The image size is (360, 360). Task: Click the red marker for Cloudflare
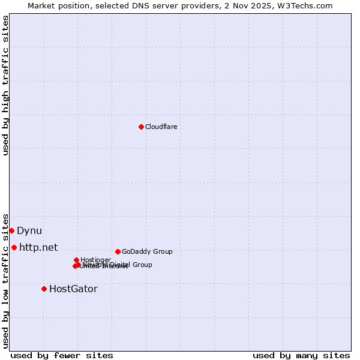(x=141, y=127)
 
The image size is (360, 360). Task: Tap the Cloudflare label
(x=161, y=127)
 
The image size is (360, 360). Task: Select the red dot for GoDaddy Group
(x=118, y=251)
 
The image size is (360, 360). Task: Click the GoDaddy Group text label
(x=147, y=251)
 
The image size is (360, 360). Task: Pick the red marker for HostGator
(x=44, y=289)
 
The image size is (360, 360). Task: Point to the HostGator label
(x=73, y=289)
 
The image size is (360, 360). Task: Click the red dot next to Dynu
(x=11, y=230)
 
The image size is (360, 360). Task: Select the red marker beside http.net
(x=14, y=247)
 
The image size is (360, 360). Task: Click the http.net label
(x=38, y=247)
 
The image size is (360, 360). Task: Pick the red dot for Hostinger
(x=76, y=260)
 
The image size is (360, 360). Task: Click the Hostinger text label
(x=95, y=260)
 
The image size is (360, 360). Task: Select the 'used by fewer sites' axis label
(x=62, y=355)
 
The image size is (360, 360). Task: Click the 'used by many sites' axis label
(x=301, y=355)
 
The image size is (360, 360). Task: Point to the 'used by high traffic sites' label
(x=5, y=85)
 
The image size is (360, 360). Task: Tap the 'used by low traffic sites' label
(x=5, y=280)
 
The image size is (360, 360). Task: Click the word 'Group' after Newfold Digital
(x=142, y=265)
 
